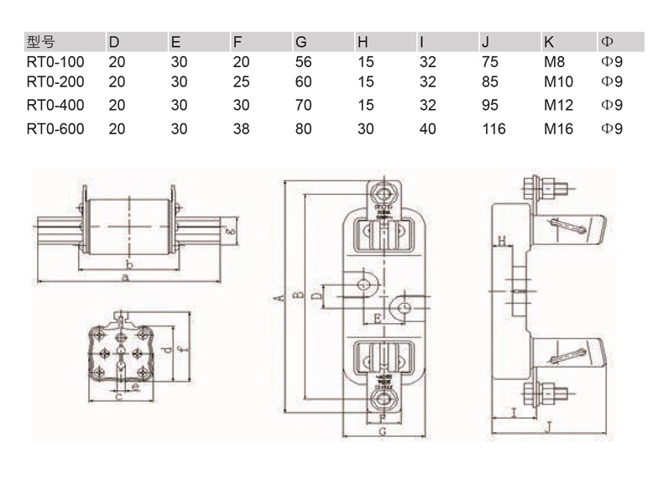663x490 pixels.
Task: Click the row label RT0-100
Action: click(56, 61)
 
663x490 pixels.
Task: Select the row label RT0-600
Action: click(56, 128)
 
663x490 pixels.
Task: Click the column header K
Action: click(549, 41)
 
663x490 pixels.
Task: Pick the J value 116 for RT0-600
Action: click(493, 128)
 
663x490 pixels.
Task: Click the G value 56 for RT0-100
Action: click(303, 61)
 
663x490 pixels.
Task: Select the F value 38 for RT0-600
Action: click(241, 128)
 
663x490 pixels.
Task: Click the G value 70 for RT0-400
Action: click(303, 105)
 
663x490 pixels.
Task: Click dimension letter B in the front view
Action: click(297, 295)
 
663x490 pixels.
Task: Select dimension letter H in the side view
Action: click(501, 242)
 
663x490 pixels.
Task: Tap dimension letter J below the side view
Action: click(548, 427)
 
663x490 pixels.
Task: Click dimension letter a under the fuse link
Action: click(126, 278)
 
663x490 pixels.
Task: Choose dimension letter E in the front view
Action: click(378, 318)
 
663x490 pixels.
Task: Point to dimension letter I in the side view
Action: click(511, 412)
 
